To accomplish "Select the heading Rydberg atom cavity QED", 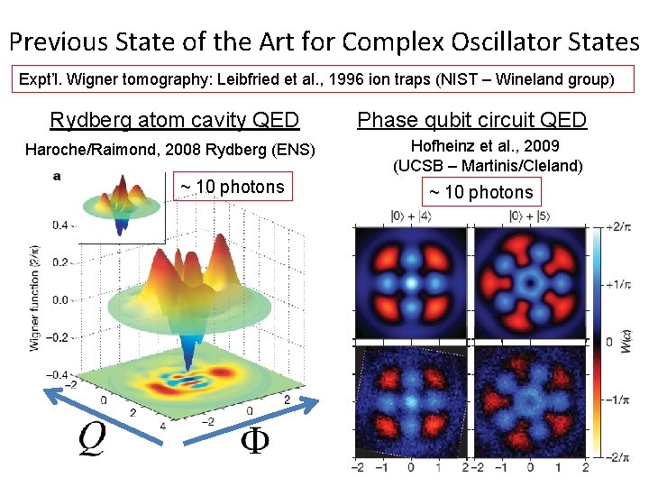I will point(175,120).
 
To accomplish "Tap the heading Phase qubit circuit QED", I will point(472,120).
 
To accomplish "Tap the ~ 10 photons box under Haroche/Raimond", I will point(232,188).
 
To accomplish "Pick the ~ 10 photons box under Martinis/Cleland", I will point(480,192).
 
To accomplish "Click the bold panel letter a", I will point(57,176).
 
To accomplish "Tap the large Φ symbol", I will point(255,442).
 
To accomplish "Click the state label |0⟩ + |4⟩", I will point(411,216).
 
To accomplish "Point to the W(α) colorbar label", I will point(632,343).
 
